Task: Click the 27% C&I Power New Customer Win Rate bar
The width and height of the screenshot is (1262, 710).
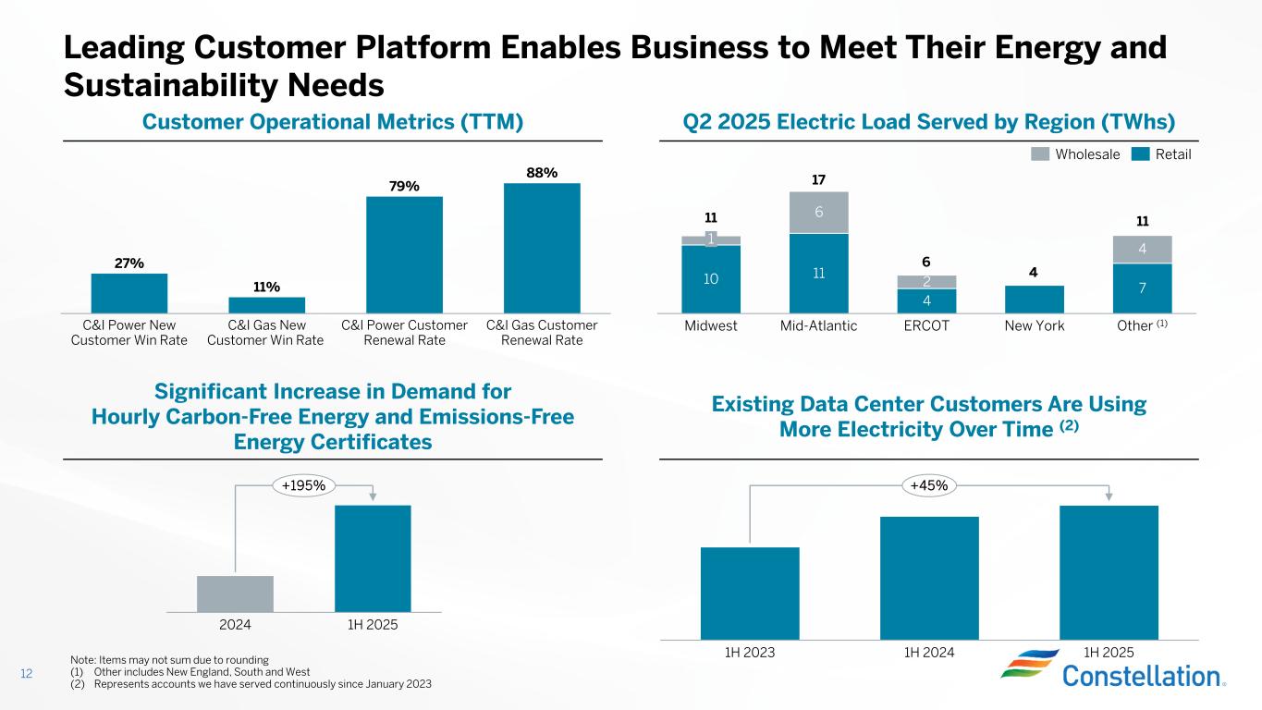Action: pos(129,293)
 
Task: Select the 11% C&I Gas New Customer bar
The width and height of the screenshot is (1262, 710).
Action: pos(267,304)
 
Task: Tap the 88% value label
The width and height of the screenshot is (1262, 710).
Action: pos(542,172)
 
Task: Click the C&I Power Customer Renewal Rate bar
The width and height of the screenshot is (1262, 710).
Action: pos(404,254)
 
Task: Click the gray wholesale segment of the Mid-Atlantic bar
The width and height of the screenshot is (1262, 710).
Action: pos(818,212)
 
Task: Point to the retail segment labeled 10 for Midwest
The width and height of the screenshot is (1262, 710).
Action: pos(711,278)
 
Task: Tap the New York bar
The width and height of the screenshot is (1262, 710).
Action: pos(1034,299)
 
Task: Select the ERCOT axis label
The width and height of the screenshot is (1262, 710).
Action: pos(926,326)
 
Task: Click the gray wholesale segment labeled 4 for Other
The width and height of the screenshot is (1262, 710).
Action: pos(1142,250)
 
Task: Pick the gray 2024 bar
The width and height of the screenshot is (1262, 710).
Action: pos(235,594)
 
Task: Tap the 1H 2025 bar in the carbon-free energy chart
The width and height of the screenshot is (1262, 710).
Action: pos(373,557)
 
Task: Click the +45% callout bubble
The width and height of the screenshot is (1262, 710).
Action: pos(929,485)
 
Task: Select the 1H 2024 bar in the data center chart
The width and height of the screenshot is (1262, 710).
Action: pos(929,577)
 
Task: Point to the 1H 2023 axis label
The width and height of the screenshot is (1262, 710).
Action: pos(749,651)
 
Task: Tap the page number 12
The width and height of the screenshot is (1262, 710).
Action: pos(27,674)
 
